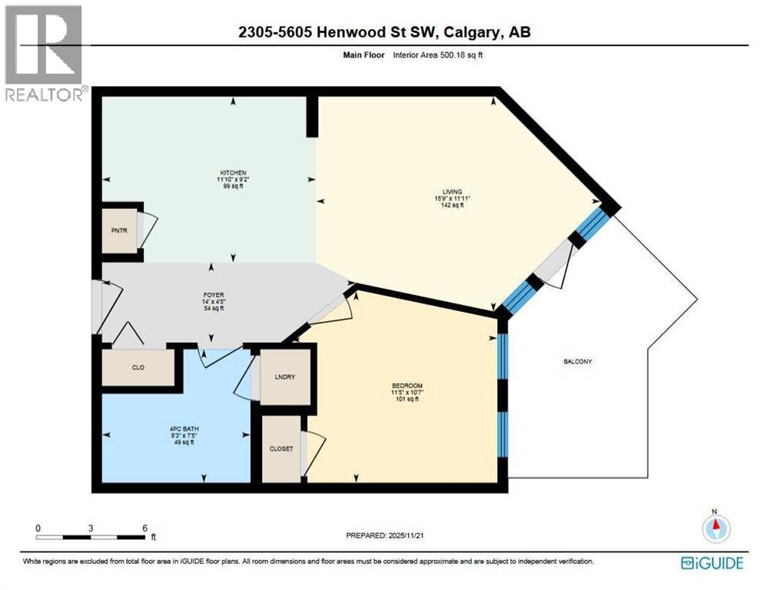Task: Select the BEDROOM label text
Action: (x=406, y=385)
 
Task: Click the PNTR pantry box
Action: (x=120, y=230)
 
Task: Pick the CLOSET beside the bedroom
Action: (x=280, y=449)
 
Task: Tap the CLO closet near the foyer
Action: (x=138, y=368)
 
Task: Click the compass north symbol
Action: (x=715, y=528)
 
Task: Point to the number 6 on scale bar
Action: (x=144, y=528)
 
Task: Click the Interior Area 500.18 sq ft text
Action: (x=436, y=55)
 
